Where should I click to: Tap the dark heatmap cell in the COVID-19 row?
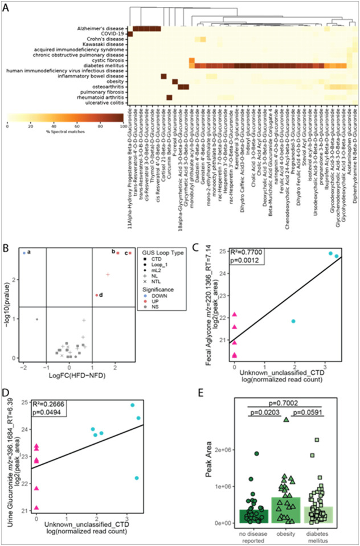click(130, 34)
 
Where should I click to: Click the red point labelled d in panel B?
click(97, 295)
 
